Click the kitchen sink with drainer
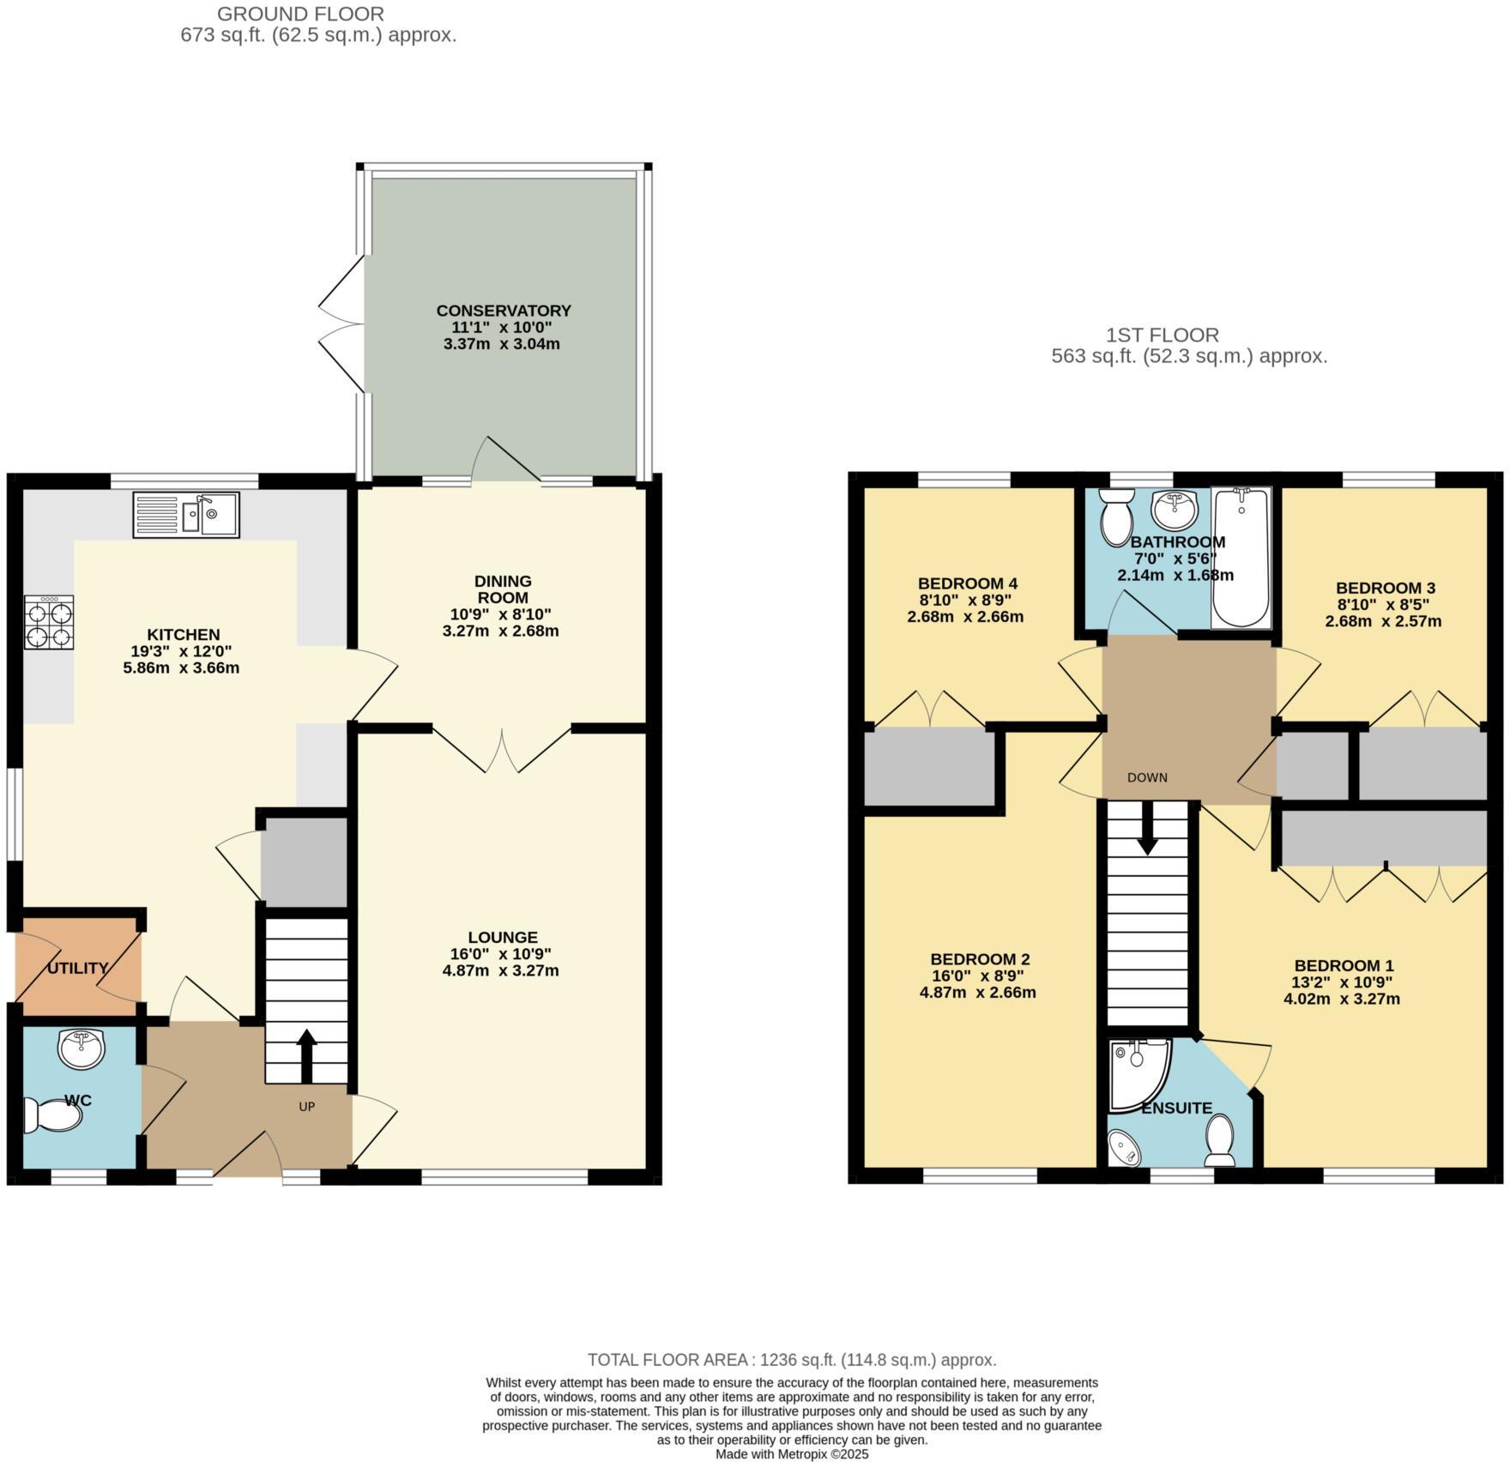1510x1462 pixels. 186,515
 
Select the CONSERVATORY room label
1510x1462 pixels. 503,311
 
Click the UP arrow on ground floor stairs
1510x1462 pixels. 306,1056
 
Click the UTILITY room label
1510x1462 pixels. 77,968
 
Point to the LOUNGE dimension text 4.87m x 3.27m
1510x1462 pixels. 501,971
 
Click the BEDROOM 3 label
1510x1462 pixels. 1385,588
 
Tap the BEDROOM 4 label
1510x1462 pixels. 967,583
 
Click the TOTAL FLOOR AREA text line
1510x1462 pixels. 791,1360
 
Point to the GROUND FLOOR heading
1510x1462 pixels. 300,14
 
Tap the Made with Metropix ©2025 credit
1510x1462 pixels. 792,1454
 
